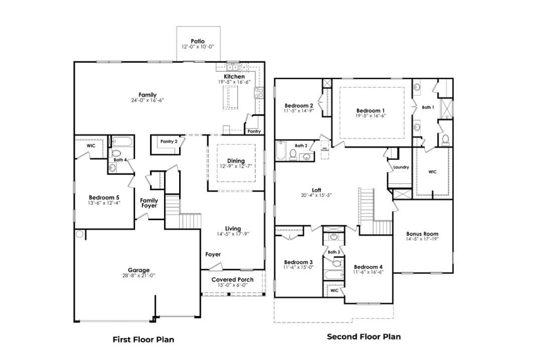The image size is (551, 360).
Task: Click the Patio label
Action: click(198, 41)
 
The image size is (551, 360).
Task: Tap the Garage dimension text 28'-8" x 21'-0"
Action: click(139, 275)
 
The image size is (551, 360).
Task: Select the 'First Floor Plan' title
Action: click(143, 339)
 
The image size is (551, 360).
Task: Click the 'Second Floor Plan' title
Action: click(364, 336)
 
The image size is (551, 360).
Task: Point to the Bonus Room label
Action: click(422, 234)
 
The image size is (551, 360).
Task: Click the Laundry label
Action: click(401, 167)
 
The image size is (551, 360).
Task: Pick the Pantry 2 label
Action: click(169, 141)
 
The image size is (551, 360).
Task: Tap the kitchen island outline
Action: click(231, 97)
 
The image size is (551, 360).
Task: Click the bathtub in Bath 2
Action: click(281, 151)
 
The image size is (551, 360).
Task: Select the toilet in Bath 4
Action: click(116, 153)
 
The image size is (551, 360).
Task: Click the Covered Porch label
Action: click(232, 279)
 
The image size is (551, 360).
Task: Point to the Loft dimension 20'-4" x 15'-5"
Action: click(316, 195)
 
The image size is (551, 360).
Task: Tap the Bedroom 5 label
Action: click(104, 197)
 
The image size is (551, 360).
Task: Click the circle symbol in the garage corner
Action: click(79, 234)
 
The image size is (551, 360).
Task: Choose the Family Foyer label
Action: click(149, 203)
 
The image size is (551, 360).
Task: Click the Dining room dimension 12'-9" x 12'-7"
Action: click(235, 166)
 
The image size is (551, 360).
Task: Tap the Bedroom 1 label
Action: click(371, 110)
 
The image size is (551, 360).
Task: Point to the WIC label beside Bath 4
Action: click(91, 145)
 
